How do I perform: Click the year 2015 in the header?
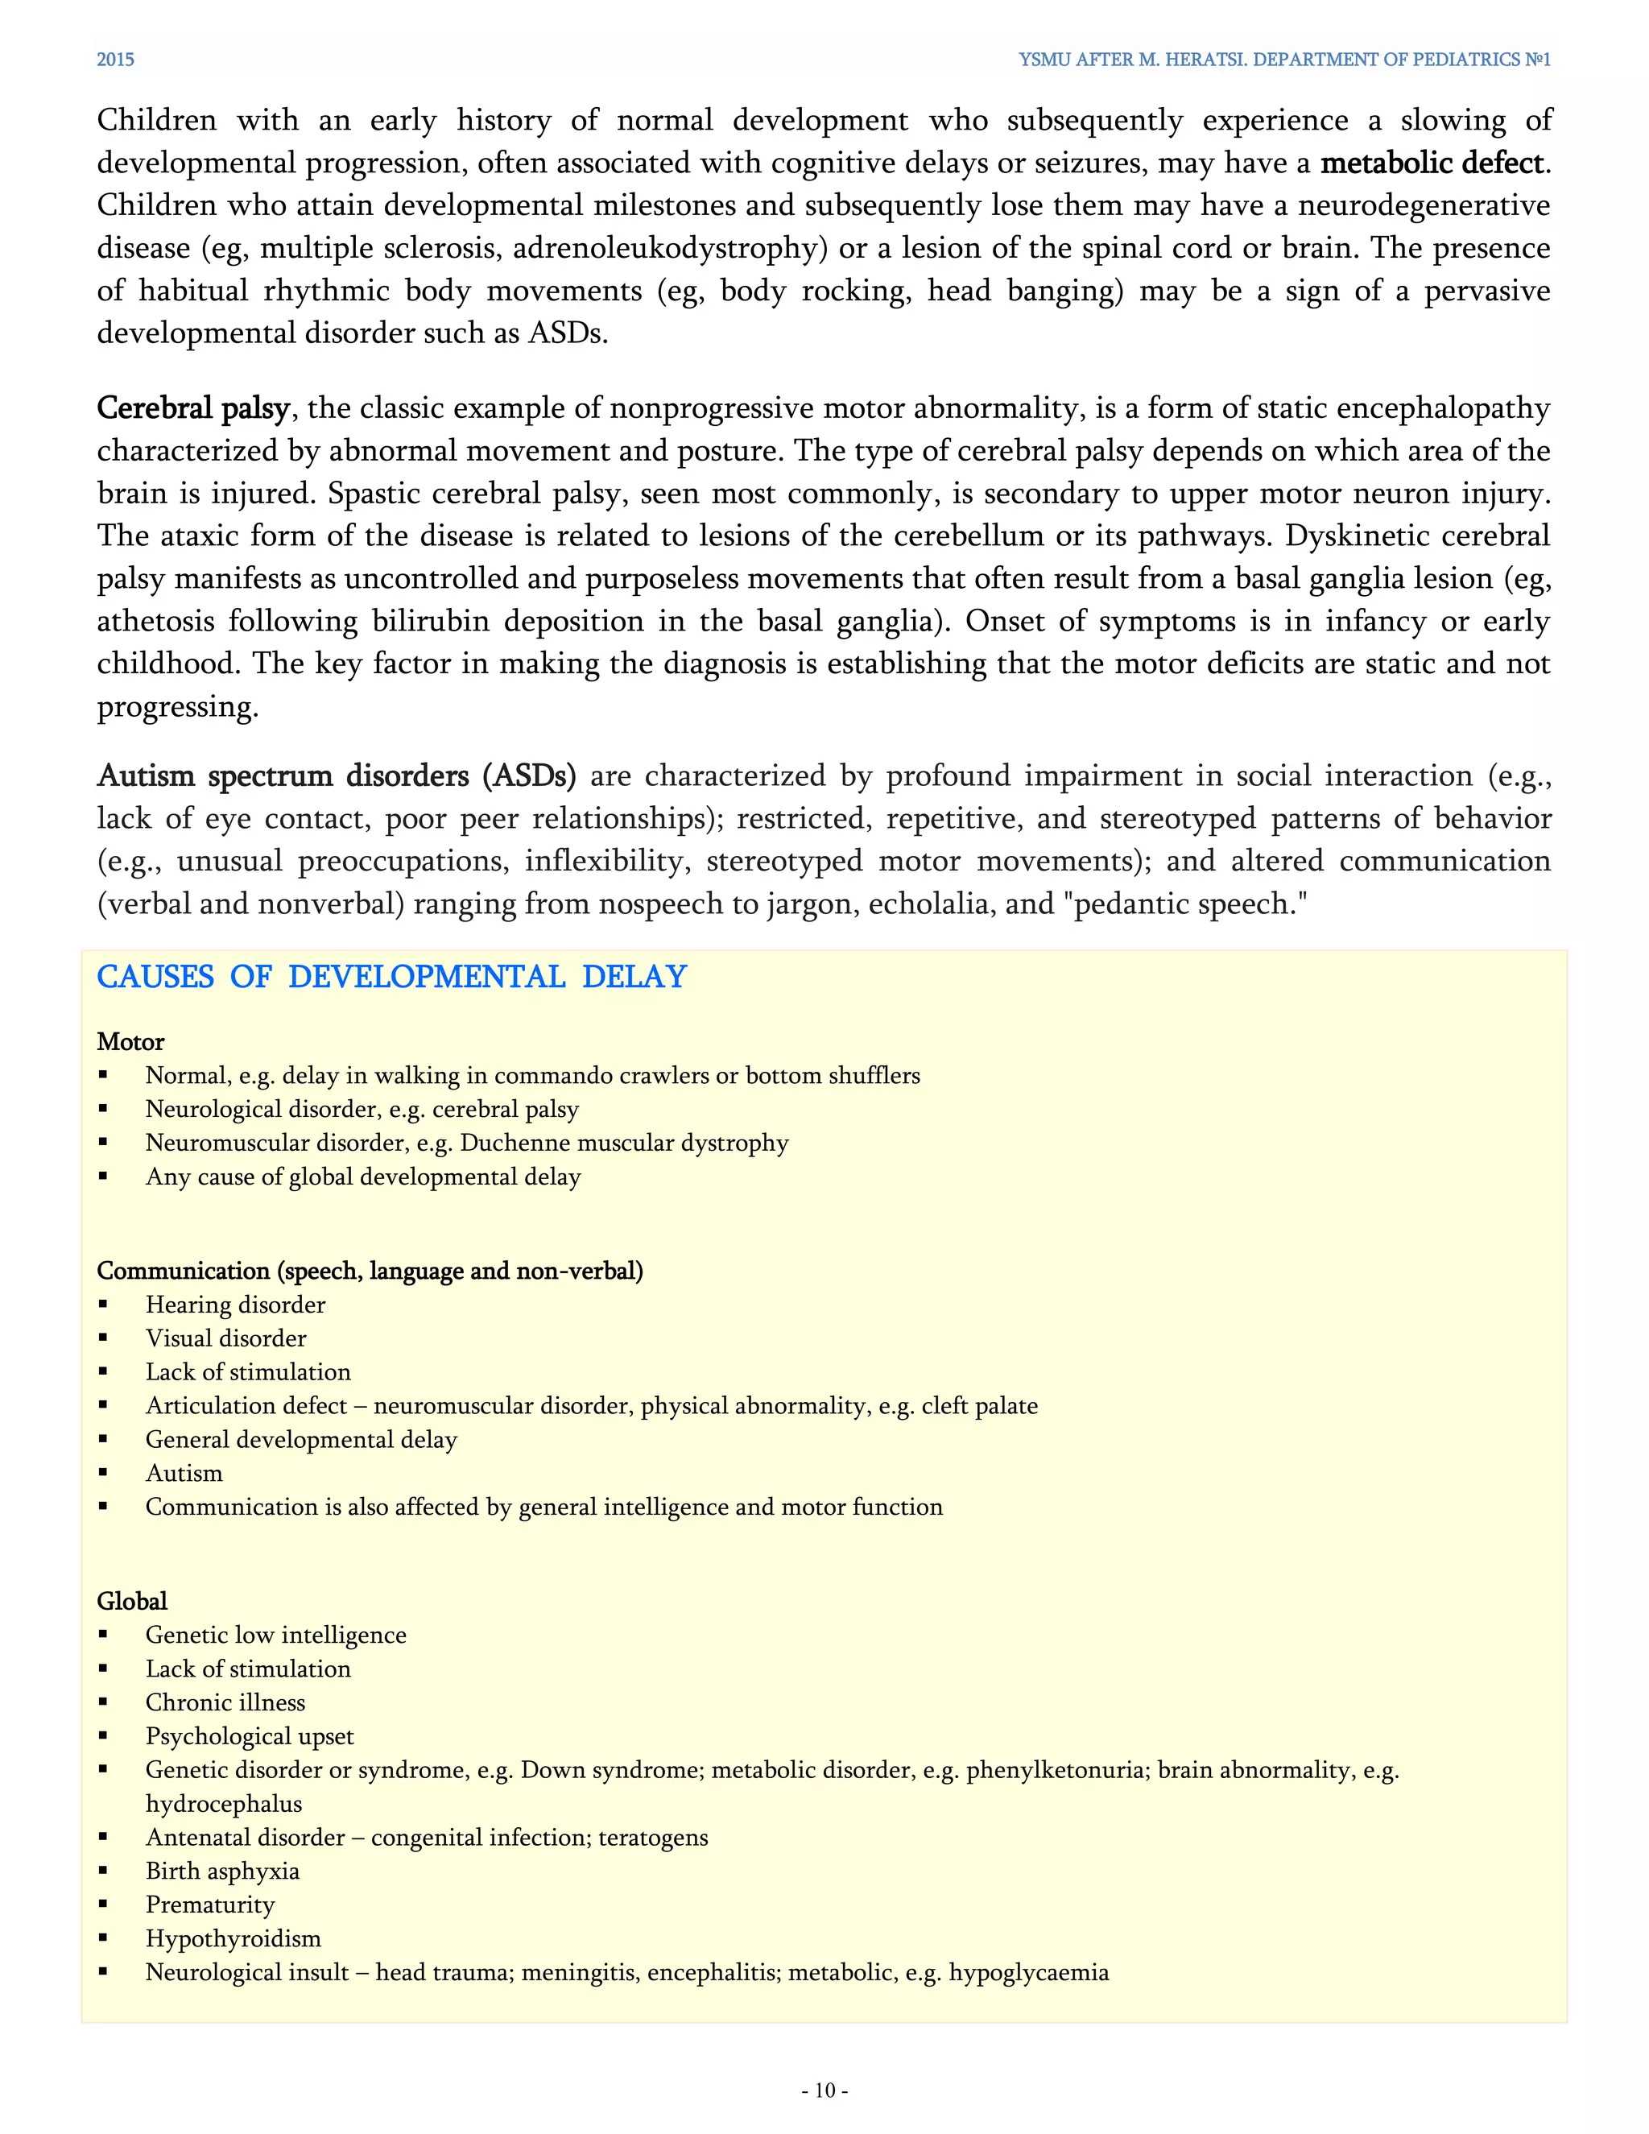(115, 60)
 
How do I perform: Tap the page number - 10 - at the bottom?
(824, 2090)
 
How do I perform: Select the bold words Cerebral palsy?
(192, 407)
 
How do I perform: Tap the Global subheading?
(132, 1601)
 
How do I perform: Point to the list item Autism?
(184, 1473)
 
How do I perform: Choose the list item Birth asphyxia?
(221, 1870)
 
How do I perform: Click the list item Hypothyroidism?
(233, 1938)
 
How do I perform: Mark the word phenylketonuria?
(1055, 1769)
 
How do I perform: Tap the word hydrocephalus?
(224, 1804)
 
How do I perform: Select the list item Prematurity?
(210, 1904)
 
